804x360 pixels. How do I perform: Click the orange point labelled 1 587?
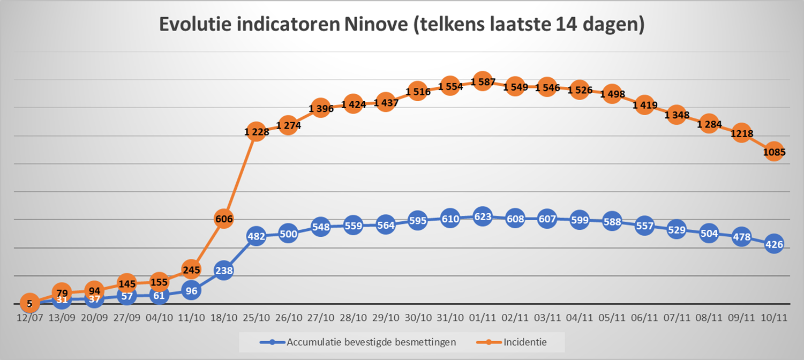[482, 82]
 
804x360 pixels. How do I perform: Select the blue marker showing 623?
[482, 217]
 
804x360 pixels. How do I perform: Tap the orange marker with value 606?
[223, 219]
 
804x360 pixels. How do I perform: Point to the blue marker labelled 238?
[223, 271]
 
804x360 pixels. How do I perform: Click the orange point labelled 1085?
[774, 152]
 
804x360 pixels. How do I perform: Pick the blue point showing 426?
[774, 245]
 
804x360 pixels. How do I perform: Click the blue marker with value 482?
[256, 236]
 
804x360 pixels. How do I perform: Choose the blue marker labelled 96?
[191, 291]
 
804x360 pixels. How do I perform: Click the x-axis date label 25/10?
[256, 318]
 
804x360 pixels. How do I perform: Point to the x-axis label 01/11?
[482, 318]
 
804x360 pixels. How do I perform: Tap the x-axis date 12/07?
[29, 318]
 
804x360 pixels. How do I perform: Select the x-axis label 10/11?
[774, 318]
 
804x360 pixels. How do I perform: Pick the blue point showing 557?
[644, 226]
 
